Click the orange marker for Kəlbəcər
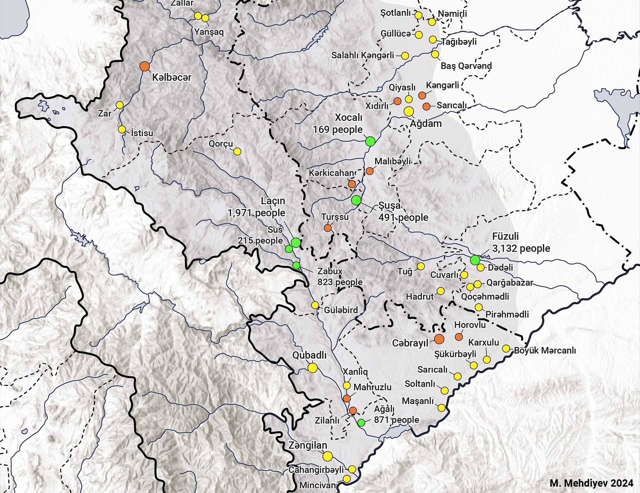tap(144, 66)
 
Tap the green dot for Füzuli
tap(475, 260)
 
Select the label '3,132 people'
tap(521, 248)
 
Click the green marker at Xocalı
tap(370, 141)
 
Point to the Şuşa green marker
tap(356, 200)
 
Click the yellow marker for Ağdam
tap(409, 111)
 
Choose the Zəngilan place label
tap(308, 445)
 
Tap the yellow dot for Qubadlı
tap(312, 368)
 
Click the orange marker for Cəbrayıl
tap(439, 339)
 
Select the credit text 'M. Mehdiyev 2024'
tap(591, 483)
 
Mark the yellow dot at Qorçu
tap(237, 152)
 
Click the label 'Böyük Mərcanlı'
tap(545, 350)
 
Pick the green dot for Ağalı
tap(361, 423)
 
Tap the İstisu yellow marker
tap(122, 129)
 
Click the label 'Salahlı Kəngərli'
tap(362, 55)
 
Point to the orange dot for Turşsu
tap(328, 228)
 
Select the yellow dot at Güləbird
tap(315, 305)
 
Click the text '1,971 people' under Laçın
tap(256, 213)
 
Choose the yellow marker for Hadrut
tap(440, 291)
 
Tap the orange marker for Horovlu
tap(459, 337)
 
